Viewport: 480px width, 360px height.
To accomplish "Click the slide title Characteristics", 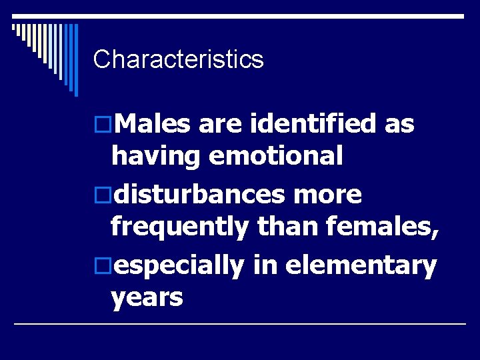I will click(x=179, y=60).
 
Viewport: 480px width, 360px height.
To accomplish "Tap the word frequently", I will click(x=179, y=229).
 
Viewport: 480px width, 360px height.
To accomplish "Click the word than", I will click(x=285, y=229).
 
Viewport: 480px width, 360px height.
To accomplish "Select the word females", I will click(x=381, y=229).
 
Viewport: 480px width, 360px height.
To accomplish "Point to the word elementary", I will click(x=361, y=265).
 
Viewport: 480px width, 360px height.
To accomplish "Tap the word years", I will click(x=147, y=298).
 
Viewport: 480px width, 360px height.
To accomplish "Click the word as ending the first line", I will click(x=400, y=124).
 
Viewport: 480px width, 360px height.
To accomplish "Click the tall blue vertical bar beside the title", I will click(x=75, y=59).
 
